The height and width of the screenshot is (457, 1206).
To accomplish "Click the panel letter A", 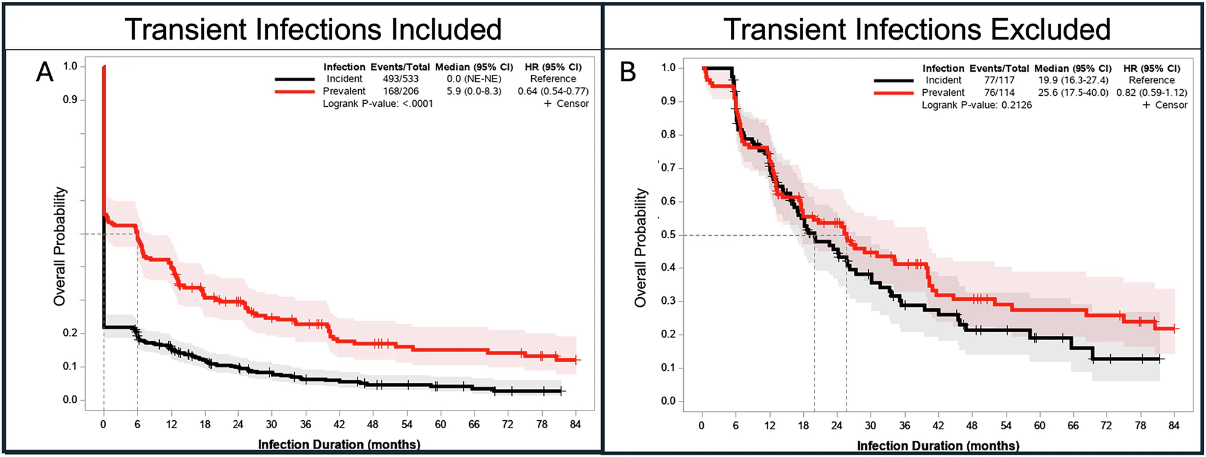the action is tap(45, 72).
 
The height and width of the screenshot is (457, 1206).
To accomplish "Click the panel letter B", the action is tap(628, 72).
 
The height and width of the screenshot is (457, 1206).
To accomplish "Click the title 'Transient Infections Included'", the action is tap(313, 29).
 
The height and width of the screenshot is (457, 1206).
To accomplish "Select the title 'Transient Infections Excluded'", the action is tap(917, 29).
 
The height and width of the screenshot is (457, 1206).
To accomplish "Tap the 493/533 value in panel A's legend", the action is tap(400, 79).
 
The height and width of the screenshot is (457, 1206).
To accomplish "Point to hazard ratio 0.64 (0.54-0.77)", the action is tap(553, 91).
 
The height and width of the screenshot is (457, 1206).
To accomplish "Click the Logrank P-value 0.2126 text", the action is tap(977, 105).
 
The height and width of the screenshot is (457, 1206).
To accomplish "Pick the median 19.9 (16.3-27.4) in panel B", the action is tap(1073, 80).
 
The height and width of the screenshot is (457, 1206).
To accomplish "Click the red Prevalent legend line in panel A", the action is tap(295, 92).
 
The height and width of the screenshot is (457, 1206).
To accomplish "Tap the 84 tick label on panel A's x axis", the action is tap(575, 424).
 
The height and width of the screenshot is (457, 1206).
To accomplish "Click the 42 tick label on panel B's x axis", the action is tap(938, 426).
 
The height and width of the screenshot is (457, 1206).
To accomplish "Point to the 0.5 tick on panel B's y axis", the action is tap(668, 235).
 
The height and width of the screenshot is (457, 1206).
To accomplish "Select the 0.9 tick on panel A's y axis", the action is tap(70, 99).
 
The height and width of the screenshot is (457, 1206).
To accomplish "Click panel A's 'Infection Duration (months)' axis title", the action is tap(339, 445).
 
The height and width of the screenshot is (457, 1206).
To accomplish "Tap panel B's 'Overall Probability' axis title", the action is tap(640, 248).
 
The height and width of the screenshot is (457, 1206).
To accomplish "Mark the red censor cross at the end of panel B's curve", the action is tap(1175, 329).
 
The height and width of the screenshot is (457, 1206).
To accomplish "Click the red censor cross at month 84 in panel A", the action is tap(576, 360).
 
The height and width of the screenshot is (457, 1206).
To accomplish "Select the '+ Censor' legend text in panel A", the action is tap(566, 104).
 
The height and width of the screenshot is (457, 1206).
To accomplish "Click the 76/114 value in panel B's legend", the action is tap(999, 93).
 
